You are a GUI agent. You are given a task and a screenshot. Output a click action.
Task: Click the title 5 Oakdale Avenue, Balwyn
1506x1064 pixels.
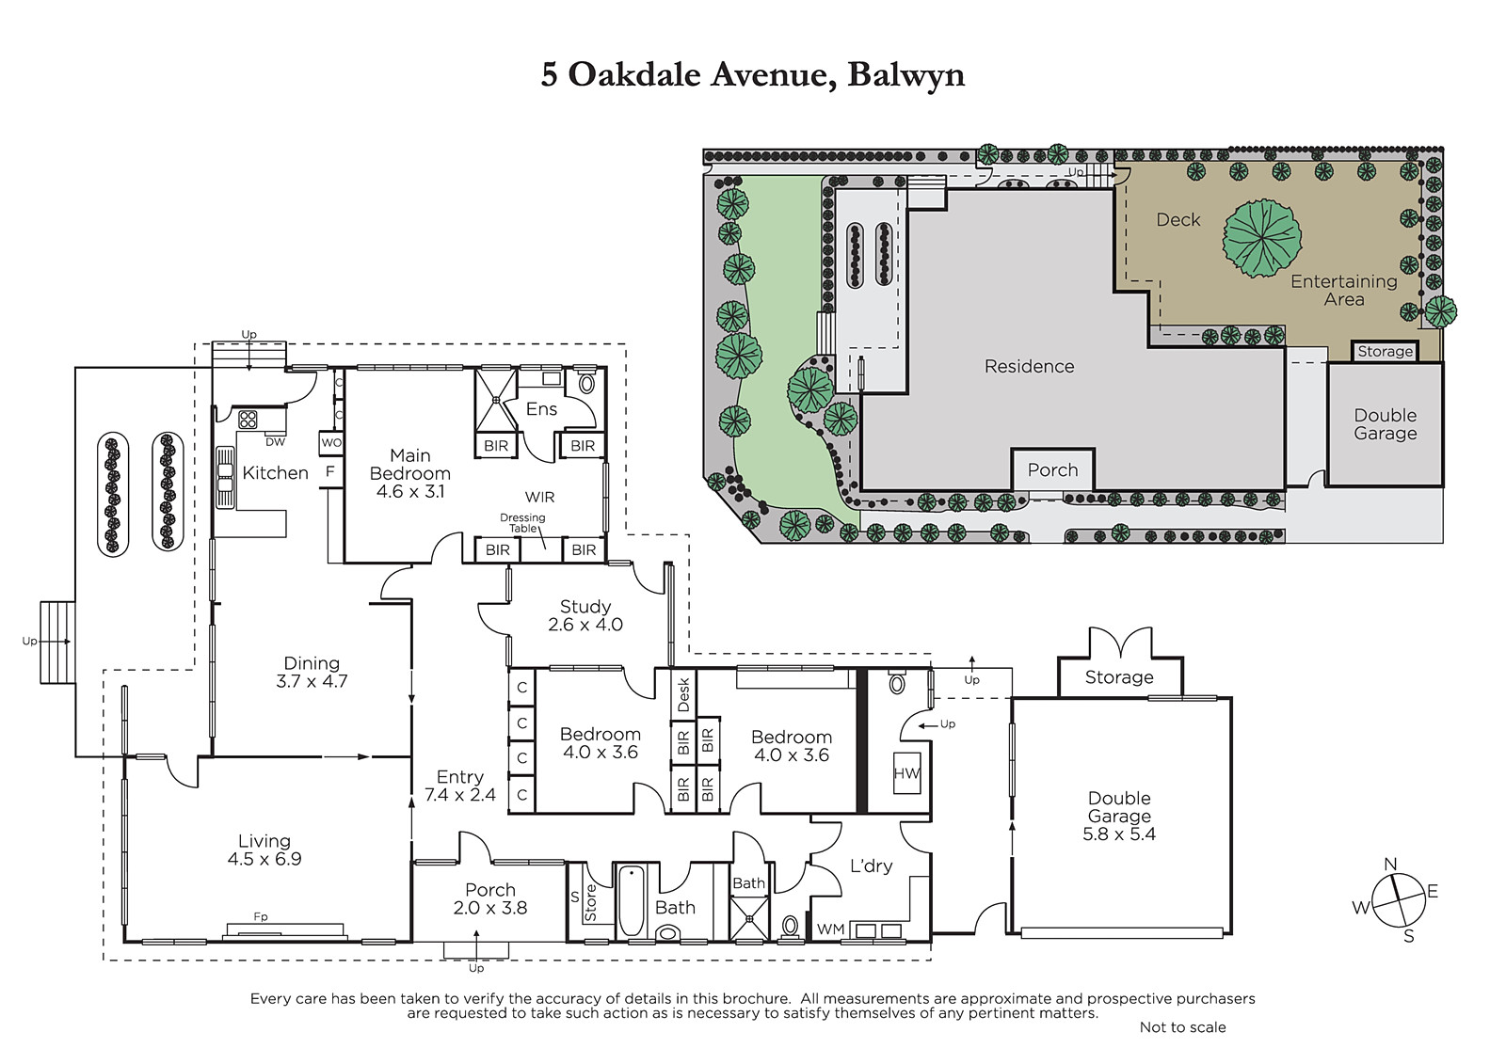click(x=752, y=75)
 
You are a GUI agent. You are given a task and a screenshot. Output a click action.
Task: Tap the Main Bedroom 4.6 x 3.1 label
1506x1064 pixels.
click(x=410, y=473)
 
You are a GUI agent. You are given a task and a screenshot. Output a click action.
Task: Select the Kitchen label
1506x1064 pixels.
click(x=275, y=472)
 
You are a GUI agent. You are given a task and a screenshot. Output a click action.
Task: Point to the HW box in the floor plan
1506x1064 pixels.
click(x=906, y=773)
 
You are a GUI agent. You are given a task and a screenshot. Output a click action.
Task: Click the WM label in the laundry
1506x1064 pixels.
click(x=830, y=929)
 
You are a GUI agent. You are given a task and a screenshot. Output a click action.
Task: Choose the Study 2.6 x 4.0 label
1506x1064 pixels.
click(x=585, y=615)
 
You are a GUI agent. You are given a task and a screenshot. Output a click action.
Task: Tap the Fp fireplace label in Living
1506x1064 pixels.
click(x=260, y=916)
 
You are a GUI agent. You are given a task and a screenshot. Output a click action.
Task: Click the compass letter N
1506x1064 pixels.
click(x=1390, y=865)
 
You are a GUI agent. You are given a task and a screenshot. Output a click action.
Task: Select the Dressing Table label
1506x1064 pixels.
click(x=522, y=523)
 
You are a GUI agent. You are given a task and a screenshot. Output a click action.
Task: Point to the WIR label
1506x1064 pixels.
click(x=540, y=498)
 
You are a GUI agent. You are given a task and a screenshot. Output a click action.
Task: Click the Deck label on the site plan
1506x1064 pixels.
click(x=1178, y=220)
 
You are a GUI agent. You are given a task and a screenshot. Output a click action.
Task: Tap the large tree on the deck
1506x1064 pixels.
click(x=1262, y=238)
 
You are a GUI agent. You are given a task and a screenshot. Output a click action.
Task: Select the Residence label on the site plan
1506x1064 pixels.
click(x=1030, y=366)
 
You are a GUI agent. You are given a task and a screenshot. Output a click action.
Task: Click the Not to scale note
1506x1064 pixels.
click(x=1182, y=1027)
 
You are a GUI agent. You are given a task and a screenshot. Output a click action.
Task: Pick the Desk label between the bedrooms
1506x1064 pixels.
click(x=683, y=694)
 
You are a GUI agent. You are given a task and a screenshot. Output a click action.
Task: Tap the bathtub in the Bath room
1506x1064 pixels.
click(x=631, y=900)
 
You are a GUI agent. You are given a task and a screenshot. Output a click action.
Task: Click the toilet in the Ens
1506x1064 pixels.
click(x=587, y=383)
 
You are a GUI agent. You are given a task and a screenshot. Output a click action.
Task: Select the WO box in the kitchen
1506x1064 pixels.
click(x=331, y=443)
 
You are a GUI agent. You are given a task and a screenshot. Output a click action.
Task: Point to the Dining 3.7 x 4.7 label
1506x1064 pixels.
click(x=312, y=672)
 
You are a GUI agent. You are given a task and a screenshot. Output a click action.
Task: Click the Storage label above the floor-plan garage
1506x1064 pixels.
click(x=1119, y=677)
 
